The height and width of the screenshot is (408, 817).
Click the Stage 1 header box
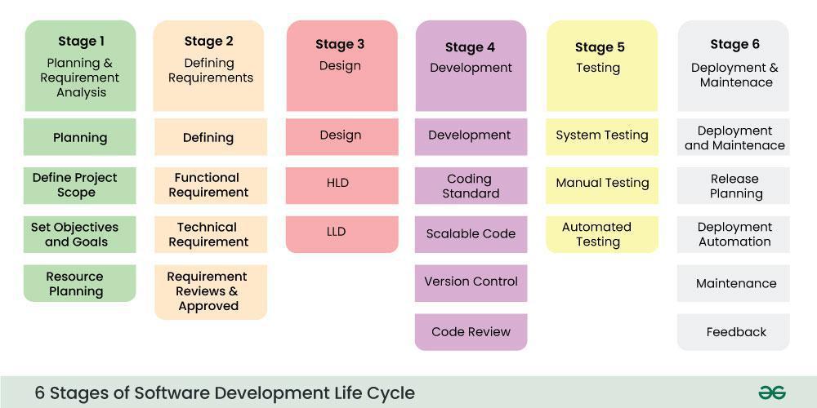click(80, 66)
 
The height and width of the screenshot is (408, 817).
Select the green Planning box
click(80, 137)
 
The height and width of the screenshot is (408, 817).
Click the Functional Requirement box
click(209, 185)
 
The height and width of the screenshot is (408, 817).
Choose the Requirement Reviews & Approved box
click(209, 291)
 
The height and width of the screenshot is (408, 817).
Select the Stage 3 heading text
click(340, 45)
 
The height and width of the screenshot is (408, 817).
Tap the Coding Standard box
click(471, 186)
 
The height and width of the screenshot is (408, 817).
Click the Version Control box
click(471, 282)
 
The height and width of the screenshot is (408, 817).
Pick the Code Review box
click(471, 332)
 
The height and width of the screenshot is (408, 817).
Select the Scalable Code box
click(471, 234)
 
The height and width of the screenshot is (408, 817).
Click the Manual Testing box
click(602, 184)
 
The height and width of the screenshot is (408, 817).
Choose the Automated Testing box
click(602, 234)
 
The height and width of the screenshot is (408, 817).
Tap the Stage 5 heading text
click(600, 47)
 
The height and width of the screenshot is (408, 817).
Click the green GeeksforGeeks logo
click(771, 392)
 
